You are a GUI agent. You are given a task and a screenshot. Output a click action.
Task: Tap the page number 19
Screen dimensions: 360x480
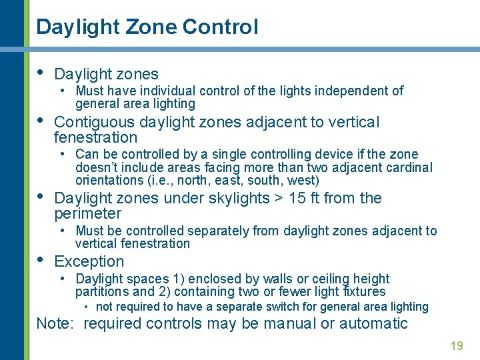tap(457, 345)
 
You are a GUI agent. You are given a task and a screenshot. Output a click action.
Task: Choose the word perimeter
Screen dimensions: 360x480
tap(87, 213)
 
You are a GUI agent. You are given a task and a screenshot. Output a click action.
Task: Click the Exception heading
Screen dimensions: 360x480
tap(89, 261)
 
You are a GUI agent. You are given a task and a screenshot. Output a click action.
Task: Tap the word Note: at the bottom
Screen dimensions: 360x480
tap(57, 324)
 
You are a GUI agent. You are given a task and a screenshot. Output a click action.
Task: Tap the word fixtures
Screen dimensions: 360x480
tap(363, 291)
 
